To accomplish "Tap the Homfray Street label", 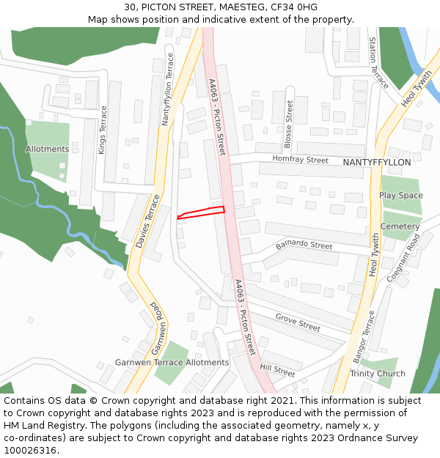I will point(301,159).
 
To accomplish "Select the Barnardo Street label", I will point(304,245).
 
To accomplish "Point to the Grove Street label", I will point(298,322).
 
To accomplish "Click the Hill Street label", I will point(277,372).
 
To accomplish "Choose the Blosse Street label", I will point(288,121).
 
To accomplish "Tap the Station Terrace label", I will point(378,64).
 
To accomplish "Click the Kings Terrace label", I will point(103,130).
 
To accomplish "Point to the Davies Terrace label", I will point(147,221).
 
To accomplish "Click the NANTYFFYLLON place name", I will point(377,162).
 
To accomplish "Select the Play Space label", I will point(401,196).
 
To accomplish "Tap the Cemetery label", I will point(400,226).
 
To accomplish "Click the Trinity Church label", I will point(378,374).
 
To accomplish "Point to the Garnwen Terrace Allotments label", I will point(172,363).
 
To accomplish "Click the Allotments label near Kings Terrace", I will point(48,149).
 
